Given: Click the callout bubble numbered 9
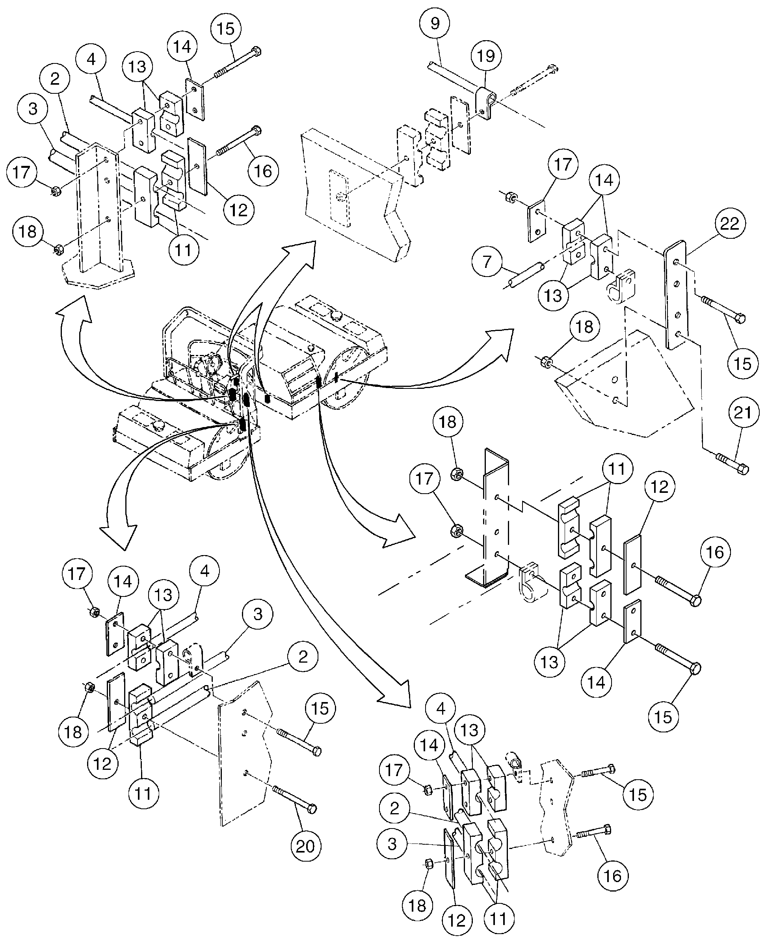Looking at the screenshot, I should click(435, 23).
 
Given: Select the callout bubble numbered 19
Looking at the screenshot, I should click(486, 56).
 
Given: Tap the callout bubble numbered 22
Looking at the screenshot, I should click(729, 224).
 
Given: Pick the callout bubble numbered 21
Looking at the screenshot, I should click(742, 412).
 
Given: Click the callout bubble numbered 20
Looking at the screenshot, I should click(306, 845).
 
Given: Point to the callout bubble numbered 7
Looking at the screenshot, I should click(487, 262).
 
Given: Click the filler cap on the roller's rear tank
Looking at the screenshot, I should click(337, 316).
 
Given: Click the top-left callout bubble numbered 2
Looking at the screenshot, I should click(55, 78).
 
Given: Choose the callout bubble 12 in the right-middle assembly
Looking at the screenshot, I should click(660, 487).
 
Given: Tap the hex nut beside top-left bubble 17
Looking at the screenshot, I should click(56, 191).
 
